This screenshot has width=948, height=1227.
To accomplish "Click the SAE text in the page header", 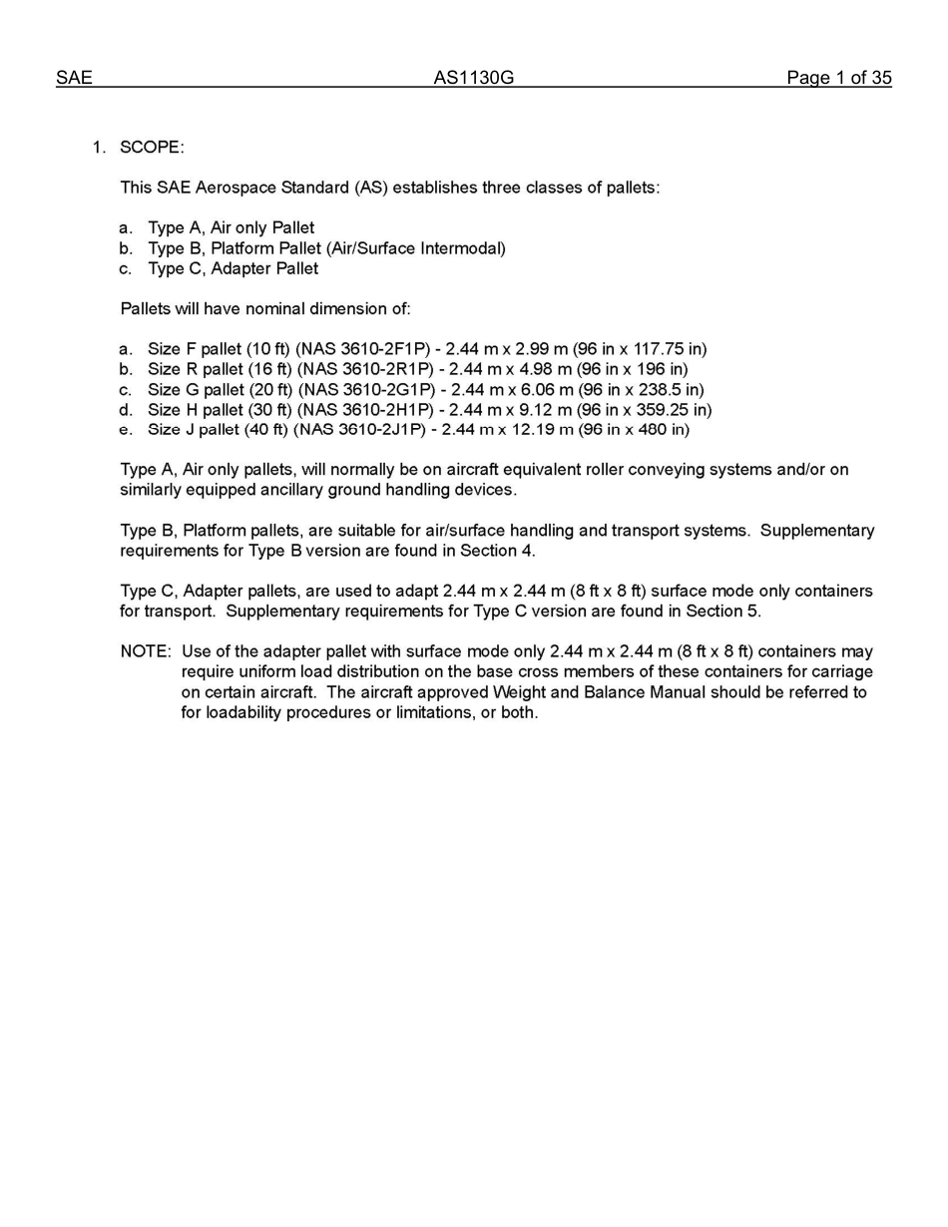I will (x=74, y=78).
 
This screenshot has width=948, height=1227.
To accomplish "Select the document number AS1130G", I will (x=473, y=78).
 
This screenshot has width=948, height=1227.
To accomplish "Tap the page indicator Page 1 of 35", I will (x=838, y=78).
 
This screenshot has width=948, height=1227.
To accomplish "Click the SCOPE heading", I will (x=152, y=148).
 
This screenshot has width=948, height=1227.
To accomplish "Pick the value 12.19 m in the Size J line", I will (x=534, y=430).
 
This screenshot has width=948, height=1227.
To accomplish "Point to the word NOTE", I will (x=146, y=651).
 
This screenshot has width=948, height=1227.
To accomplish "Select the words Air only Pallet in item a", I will (x=262, y=227).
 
